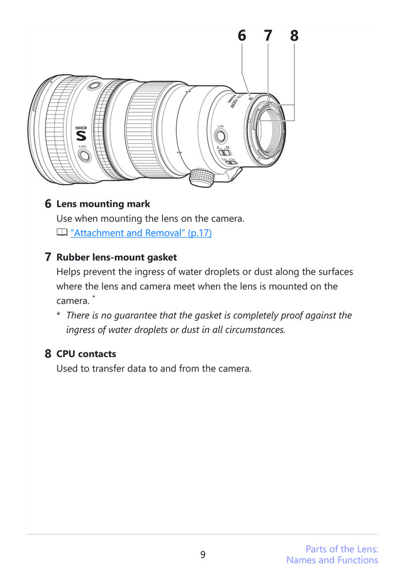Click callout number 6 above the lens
coord(242,36)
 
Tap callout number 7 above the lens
coord(268,36)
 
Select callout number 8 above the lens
coord(294,36)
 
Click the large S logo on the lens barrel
coord(81,136)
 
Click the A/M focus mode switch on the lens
coord(223,153)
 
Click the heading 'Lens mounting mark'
coord(103,204)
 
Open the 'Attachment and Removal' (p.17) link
coord(141,233)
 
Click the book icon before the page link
coord(62,233)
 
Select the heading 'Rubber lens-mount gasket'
coord(116,257)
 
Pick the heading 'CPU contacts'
coord(86,354)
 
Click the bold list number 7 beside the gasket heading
coord(48,257)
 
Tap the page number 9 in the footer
coord(203,555)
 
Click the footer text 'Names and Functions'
coord(332,560)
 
